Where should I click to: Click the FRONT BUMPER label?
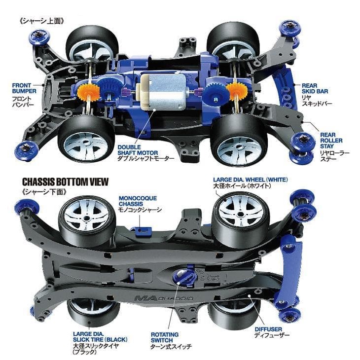pyautogui.click(x=24, y=88)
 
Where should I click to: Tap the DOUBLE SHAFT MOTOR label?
pyautogui.click(x=138, y=150)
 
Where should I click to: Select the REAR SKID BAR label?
pyautogui.click(x=315, y=88)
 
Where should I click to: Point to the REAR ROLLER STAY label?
pyautogui.click(x=331, y=140)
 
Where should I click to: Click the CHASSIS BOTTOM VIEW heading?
pyautogui.click(x=65, y=181)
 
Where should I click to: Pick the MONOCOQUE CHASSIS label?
pyautogui.click(x=138, y=201)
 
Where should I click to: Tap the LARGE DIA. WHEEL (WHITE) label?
pyautogui.click(x=250, y=180)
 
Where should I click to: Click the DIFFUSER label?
pyautogui.click(x=268, y=329)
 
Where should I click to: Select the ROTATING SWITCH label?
pyautogui.click(x=165, y=337)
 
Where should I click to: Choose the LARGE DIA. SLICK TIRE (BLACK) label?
pyautogui.click(x=100, y=337)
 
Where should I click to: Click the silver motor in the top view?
pyautogui.click(x=162, y=92)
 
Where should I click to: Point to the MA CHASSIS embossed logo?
pyautogui.click(x=164, y=298)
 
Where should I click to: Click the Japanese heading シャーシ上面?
pyautogui.click(x=41, y=21)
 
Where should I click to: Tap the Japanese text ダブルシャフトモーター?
pyautogui.click(x=146, y=158)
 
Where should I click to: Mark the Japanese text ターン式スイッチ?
pyautogui.click(x=171, y=346)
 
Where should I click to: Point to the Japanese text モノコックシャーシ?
pyautogui.click(x=140, y=210)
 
